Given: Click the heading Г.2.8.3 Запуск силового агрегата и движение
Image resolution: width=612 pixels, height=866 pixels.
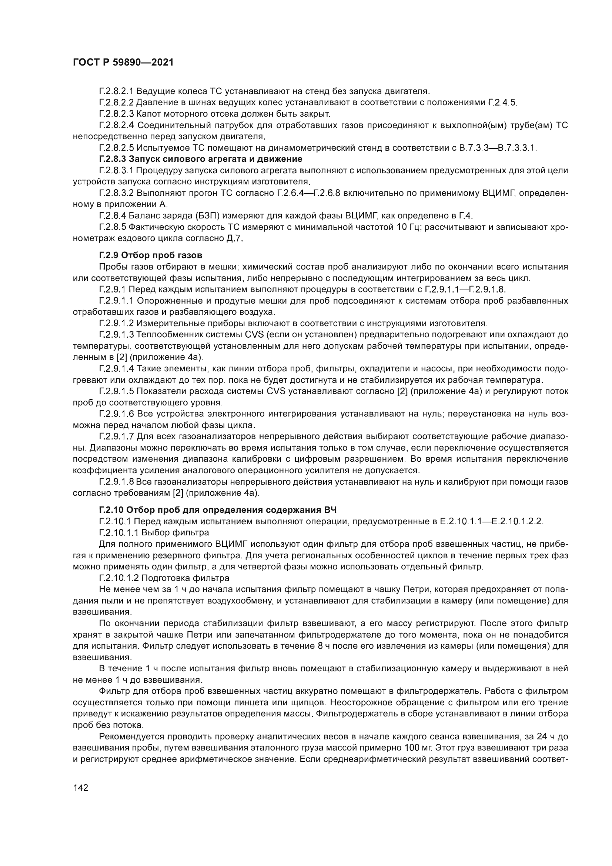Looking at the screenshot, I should (201, 159).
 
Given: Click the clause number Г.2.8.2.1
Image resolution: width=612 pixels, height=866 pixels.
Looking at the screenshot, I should (116, 91).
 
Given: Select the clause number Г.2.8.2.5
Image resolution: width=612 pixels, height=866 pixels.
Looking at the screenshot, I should (116, 147).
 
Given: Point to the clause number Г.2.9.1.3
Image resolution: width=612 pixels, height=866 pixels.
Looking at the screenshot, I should (116, 335).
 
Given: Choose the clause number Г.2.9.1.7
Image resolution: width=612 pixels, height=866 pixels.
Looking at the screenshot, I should (116, 437).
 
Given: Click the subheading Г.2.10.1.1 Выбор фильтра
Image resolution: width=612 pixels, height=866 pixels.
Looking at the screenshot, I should (154, 532).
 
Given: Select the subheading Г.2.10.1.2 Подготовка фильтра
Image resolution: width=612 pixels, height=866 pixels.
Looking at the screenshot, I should (164, 578).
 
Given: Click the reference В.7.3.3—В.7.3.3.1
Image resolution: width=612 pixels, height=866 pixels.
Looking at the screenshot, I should (497, 147).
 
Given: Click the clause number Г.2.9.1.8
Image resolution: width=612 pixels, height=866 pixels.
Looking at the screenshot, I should (116, 482).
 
